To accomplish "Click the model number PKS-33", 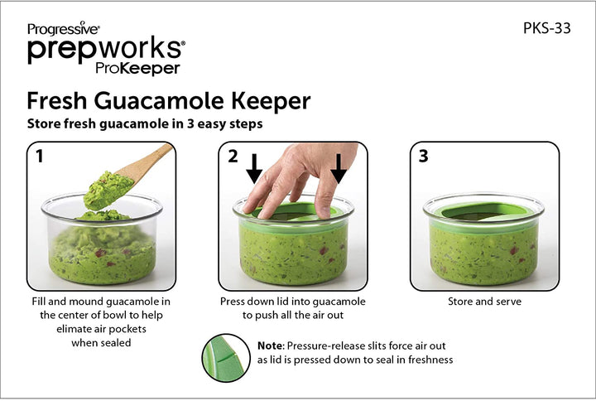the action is (546, 28).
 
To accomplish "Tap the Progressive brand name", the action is (63, 28).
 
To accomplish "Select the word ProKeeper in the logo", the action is (137, 68).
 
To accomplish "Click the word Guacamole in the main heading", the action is (159, 101).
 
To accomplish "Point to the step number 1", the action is (39, 156).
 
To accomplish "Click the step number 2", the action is (233, 156).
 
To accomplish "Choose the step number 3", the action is (423, 156).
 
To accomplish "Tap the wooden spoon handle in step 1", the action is (148, 162).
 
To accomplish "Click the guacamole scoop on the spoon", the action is (108, 191).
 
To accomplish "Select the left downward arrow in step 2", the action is (254, 168).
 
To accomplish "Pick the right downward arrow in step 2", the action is (339, 168).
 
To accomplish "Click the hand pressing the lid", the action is (300, 179).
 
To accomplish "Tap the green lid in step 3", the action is (483, 213).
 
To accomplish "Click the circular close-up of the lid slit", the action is (226, 358).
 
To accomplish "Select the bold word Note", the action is (271, 345).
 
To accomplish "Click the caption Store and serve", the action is (484, 302).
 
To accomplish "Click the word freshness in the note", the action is (430, 360).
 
